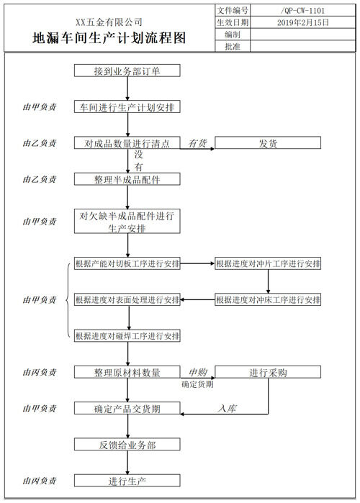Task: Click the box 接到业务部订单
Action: click(x=127, y=71)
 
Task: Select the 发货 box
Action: click(x=268, y=142)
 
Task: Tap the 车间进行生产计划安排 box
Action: click(x=127, y=107)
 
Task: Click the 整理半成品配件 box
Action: click(x=127, y=179)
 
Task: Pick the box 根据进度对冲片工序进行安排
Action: click(x=268, y=263)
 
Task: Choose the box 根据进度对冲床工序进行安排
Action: click(x=268, y=299)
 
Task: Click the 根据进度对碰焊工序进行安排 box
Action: click(x=127, y=336)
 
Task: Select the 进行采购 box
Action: click(x=268, y=372)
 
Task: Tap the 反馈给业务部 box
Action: click(x=127, y=444)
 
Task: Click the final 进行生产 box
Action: click(x=127, y=481)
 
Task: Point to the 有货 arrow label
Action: click(x=198, y=143)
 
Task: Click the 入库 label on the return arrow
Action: click(x=228, y=408)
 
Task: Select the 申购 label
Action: click(x=198, y=372)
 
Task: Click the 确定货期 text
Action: click(x=197, y=384)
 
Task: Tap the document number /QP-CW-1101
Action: click(x=302, y=11)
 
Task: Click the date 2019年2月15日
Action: click(x=303, y=22)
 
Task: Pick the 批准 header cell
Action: click(x=233, y=46)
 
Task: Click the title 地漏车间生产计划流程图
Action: click(x=109, y=38)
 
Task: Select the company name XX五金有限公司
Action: click(x=109, y=22)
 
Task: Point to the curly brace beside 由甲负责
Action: click(x=68, y=300)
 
